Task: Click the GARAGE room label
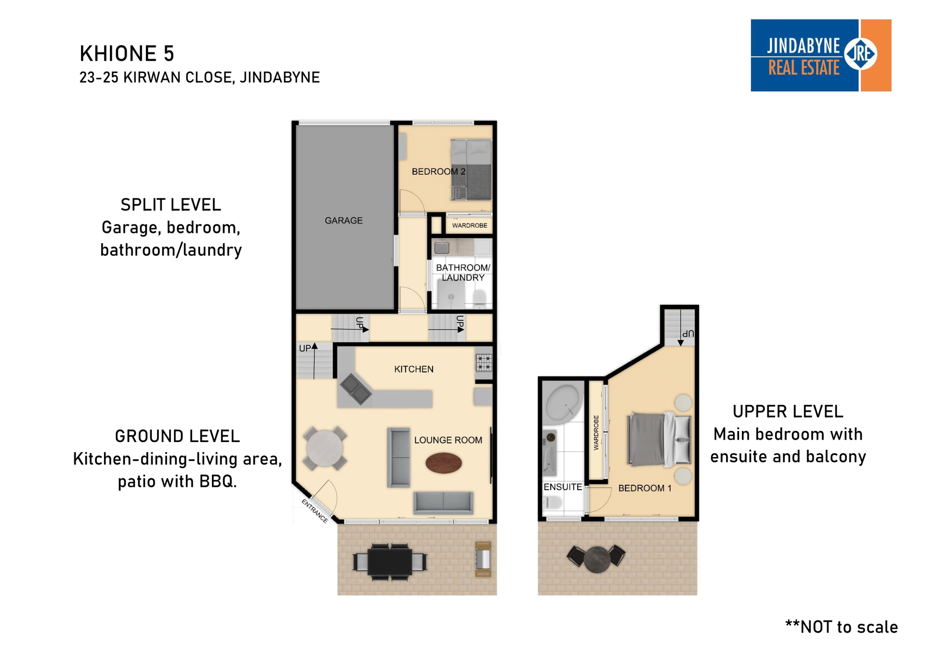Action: (x=344, y=221)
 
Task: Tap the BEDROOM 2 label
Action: (x=438, y=171)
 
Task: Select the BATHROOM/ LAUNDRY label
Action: (x=463, y=273)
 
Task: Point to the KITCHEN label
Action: (x=414, y=369)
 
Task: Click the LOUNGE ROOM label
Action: (x=448, y=440)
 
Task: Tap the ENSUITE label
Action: (x=563, y=487)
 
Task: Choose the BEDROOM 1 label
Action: (x=645, y=488)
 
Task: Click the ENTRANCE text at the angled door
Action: (x=315, y=511)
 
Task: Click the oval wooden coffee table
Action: (x=444, y=463)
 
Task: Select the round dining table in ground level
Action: (x=325, y=448)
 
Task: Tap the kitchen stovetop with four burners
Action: (x=484, y=362)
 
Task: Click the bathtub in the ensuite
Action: (x=563, y=404)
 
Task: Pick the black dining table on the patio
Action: (x=390, y=562)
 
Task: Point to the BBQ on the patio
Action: (x=483, y=559)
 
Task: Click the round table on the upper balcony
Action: (x=597, y=560)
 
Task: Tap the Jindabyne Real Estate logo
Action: (x=821, y=55)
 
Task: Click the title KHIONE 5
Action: (x=127, y=53)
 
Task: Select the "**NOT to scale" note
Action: (x=842, y=627)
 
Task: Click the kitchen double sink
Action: (x=356, y=389)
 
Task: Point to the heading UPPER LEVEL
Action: (x=788, y=412)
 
